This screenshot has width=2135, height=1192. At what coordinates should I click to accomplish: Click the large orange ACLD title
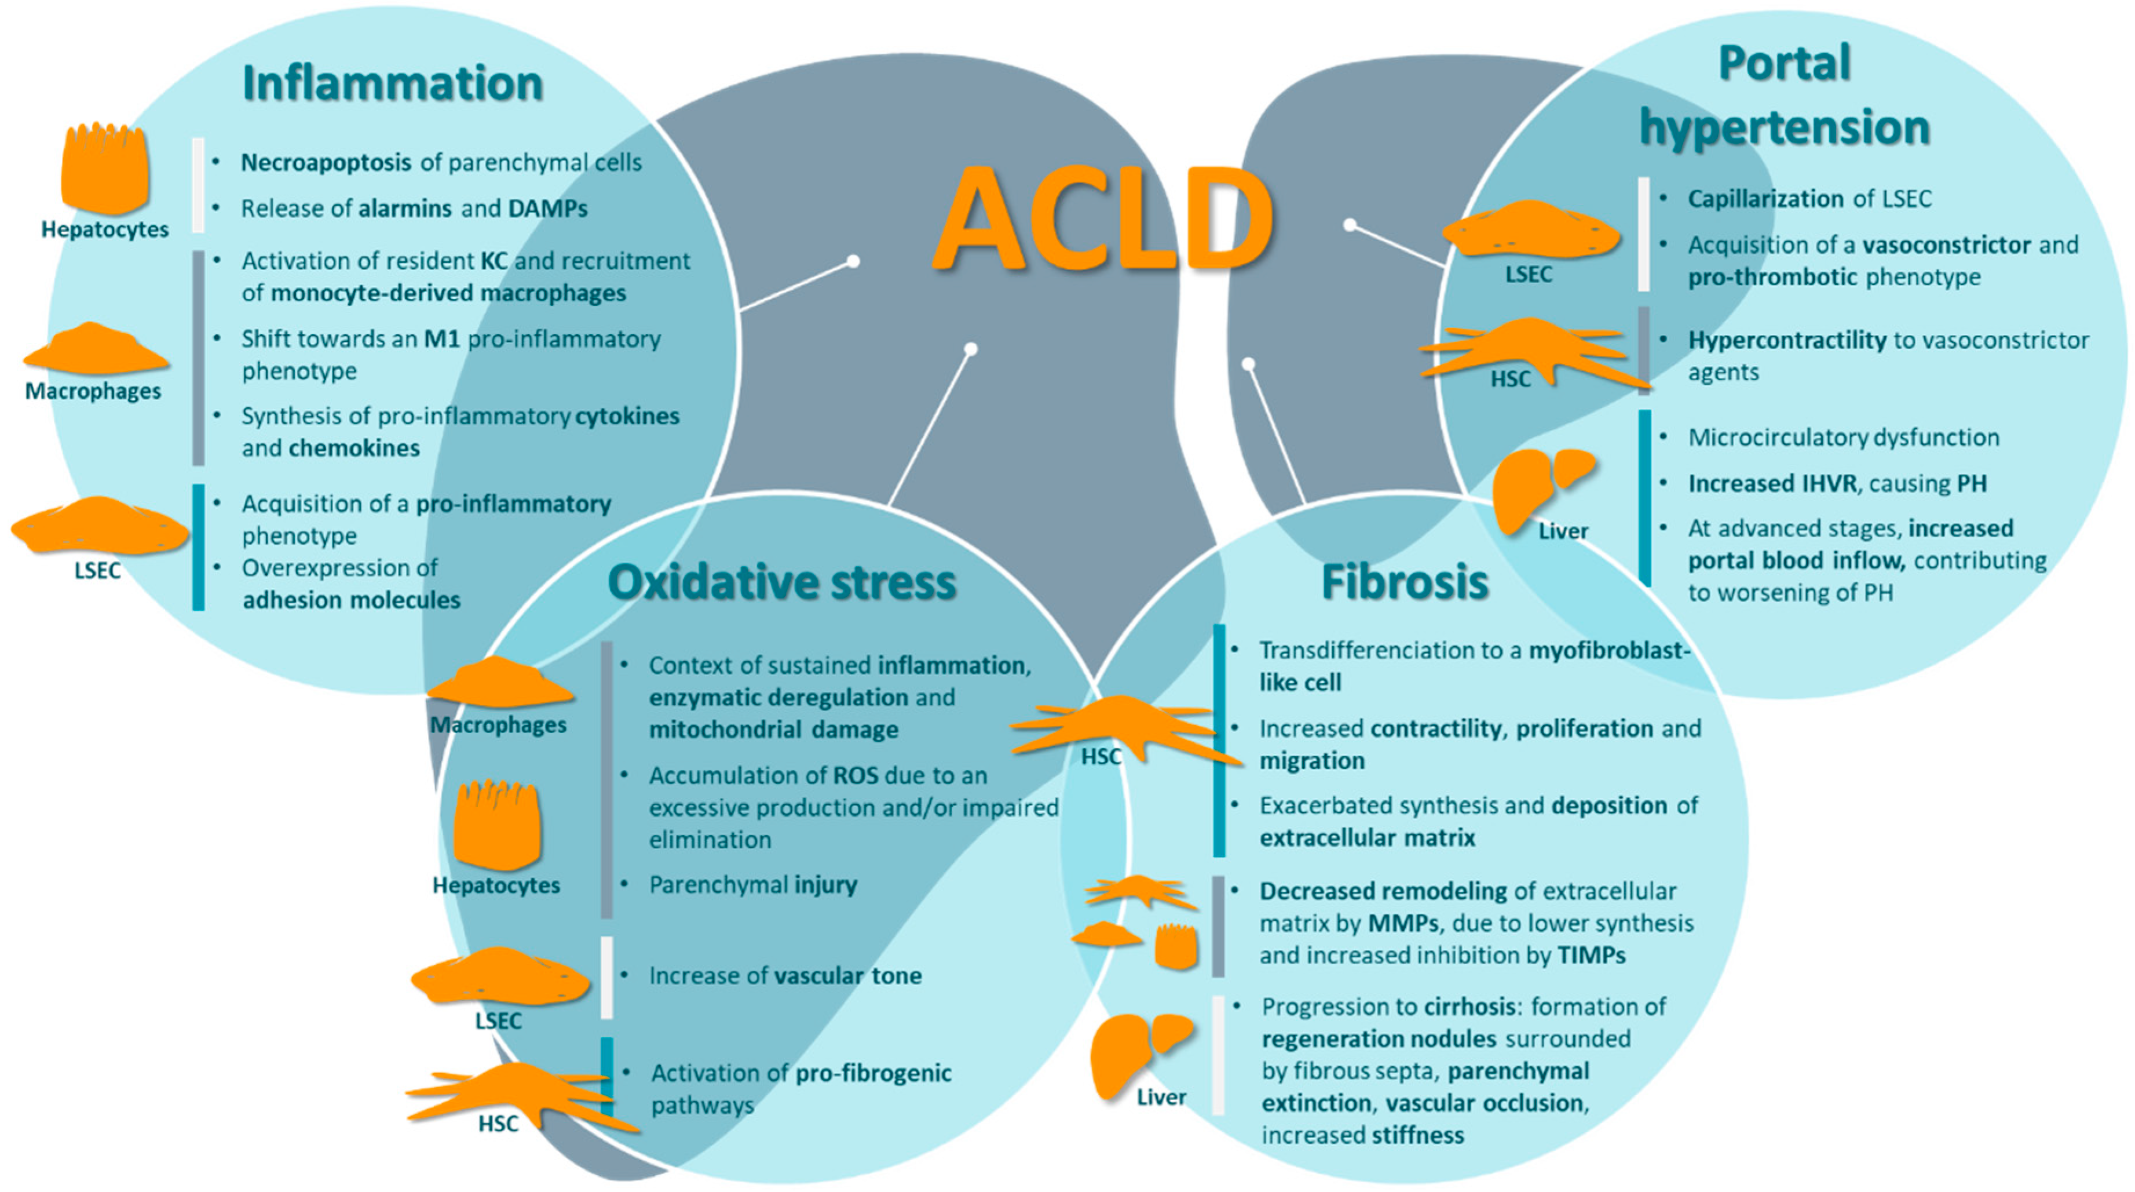[1102, 220]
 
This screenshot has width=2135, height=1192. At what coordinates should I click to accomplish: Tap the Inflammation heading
[392, 83]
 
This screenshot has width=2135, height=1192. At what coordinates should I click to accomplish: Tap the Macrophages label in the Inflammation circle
[93, 391]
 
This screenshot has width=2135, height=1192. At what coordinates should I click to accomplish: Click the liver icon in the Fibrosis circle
[1139, 1053]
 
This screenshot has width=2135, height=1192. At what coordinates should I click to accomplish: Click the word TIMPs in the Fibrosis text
[1591, 956]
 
